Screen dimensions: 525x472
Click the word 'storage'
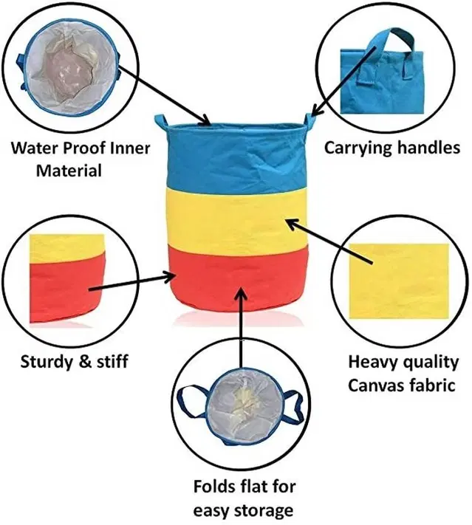tap(264, 510)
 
